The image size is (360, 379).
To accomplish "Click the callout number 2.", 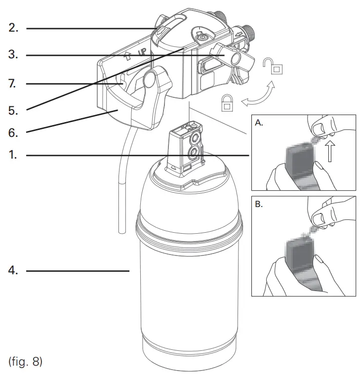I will [13, 28].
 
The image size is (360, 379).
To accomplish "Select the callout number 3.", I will [13, 55].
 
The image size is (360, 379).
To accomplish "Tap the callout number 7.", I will [13, 84].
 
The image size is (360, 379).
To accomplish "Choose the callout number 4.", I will [13, 271].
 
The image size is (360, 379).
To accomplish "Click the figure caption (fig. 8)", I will [26, 362].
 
